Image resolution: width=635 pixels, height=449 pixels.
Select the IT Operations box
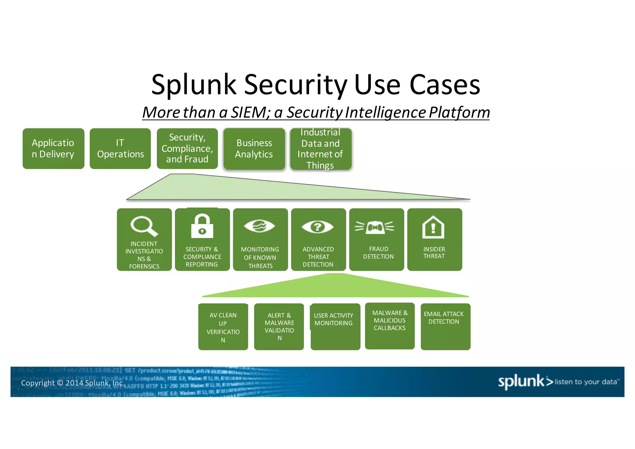(x=120, y=149)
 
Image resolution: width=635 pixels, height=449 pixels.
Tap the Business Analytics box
(x=254, y=149)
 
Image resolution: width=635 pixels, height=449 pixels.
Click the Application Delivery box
(x=53, y=149)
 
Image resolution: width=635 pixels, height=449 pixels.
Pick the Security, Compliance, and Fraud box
(x=187, y=149)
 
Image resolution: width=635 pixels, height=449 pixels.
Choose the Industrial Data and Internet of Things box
(x=321, y=149)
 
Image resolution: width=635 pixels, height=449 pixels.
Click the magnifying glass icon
(x=144, y=226)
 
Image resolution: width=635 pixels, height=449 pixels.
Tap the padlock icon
(x=202, y=227)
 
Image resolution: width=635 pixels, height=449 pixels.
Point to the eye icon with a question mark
(x=317, y=227)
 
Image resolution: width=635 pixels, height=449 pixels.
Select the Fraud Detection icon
(x=375, y=227)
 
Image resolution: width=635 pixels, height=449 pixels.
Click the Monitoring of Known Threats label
(x=260, y=258)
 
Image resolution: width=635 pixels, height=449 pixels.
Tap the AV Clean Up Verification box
(x=223, y=327)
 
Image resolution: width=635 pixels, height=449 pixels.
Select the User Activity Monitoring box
(x=335, y=327)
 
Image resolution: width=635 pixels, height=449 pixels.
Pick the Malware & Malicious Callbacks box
(x=390, y=326)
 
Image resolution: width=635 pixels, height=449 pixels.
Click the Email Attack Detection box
(x=445, y=327)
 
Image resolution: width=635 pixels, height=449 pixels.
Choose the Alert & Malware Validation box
(x=279, y=327)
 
